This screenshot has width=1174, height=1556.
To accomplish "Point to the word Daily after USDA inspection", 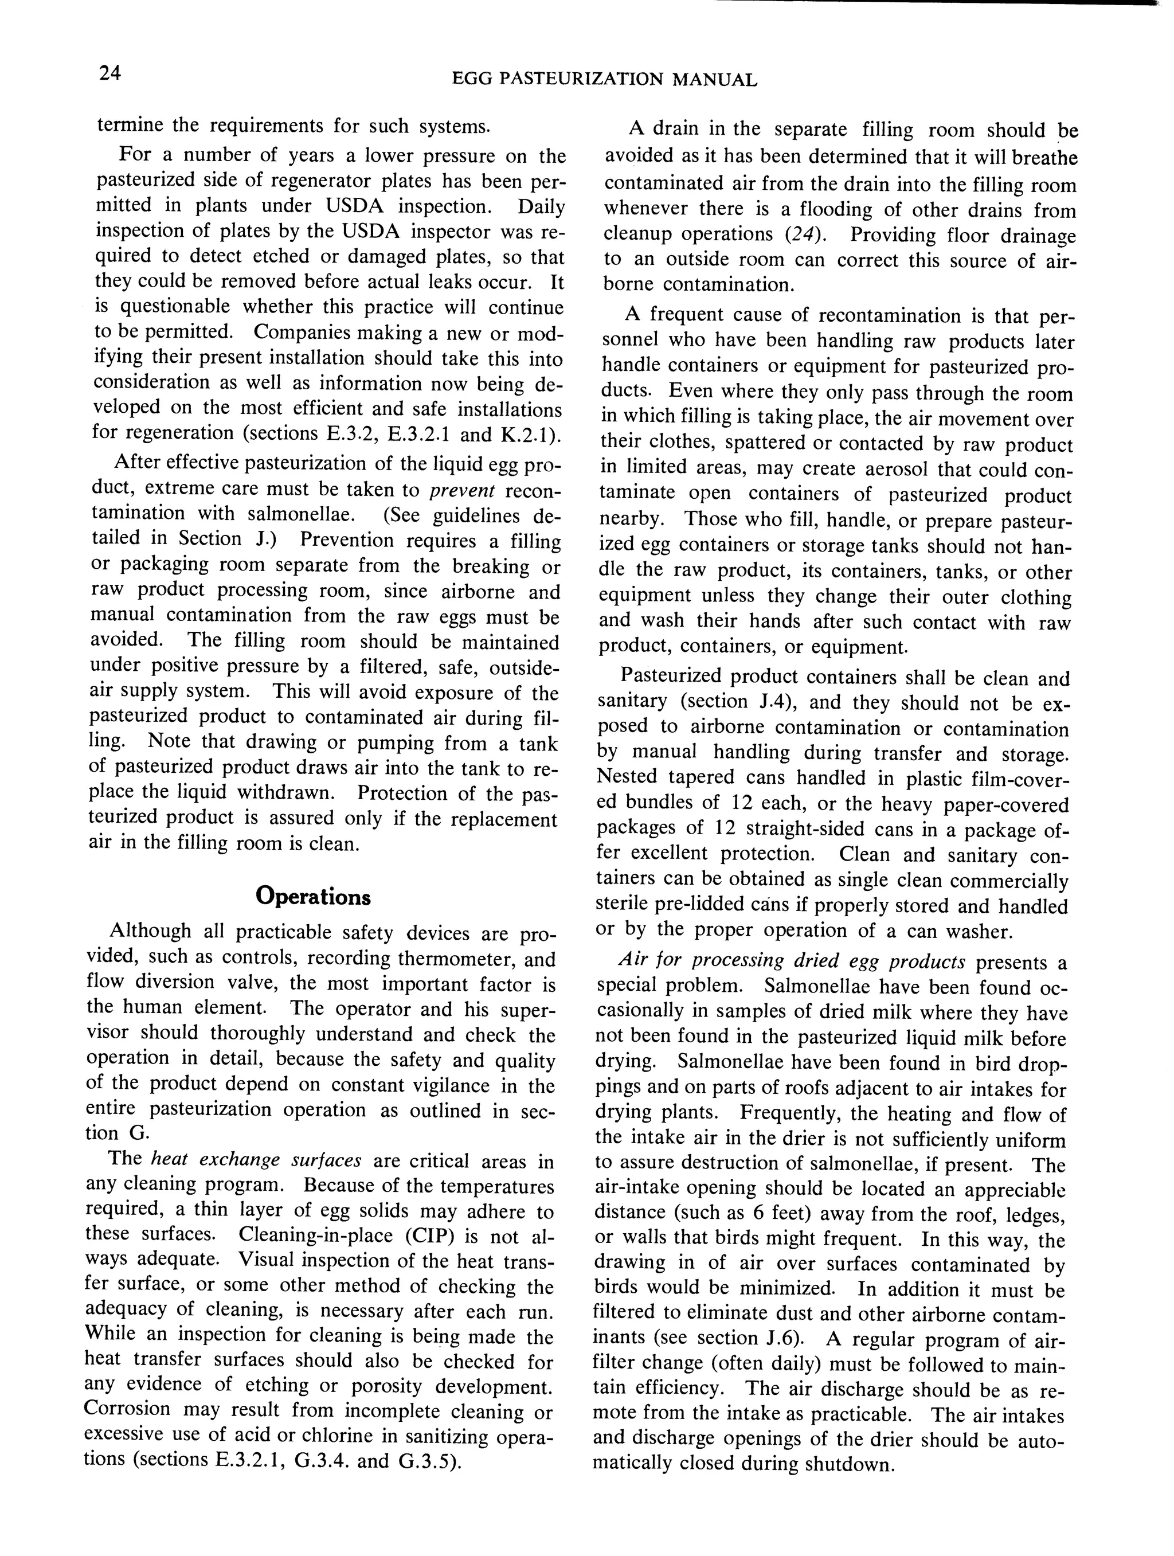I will (x=542, y=207).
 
